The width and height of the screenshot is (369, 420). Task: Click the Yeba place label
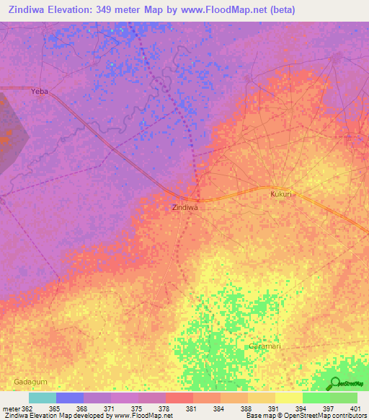pos(40,92)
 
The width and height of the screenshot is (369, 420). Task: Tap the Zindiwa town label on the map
pos(185,207)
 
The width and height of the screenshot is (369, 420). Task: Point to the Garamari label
pos(263,346)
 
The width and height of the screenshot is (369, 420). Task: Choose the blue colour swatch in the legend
pos(70,398)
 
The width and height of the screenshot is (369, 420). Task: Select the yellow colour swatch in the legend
pos(289,398)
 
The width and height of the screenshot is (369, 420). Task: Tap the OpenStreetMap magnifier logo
pos(334,383)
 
